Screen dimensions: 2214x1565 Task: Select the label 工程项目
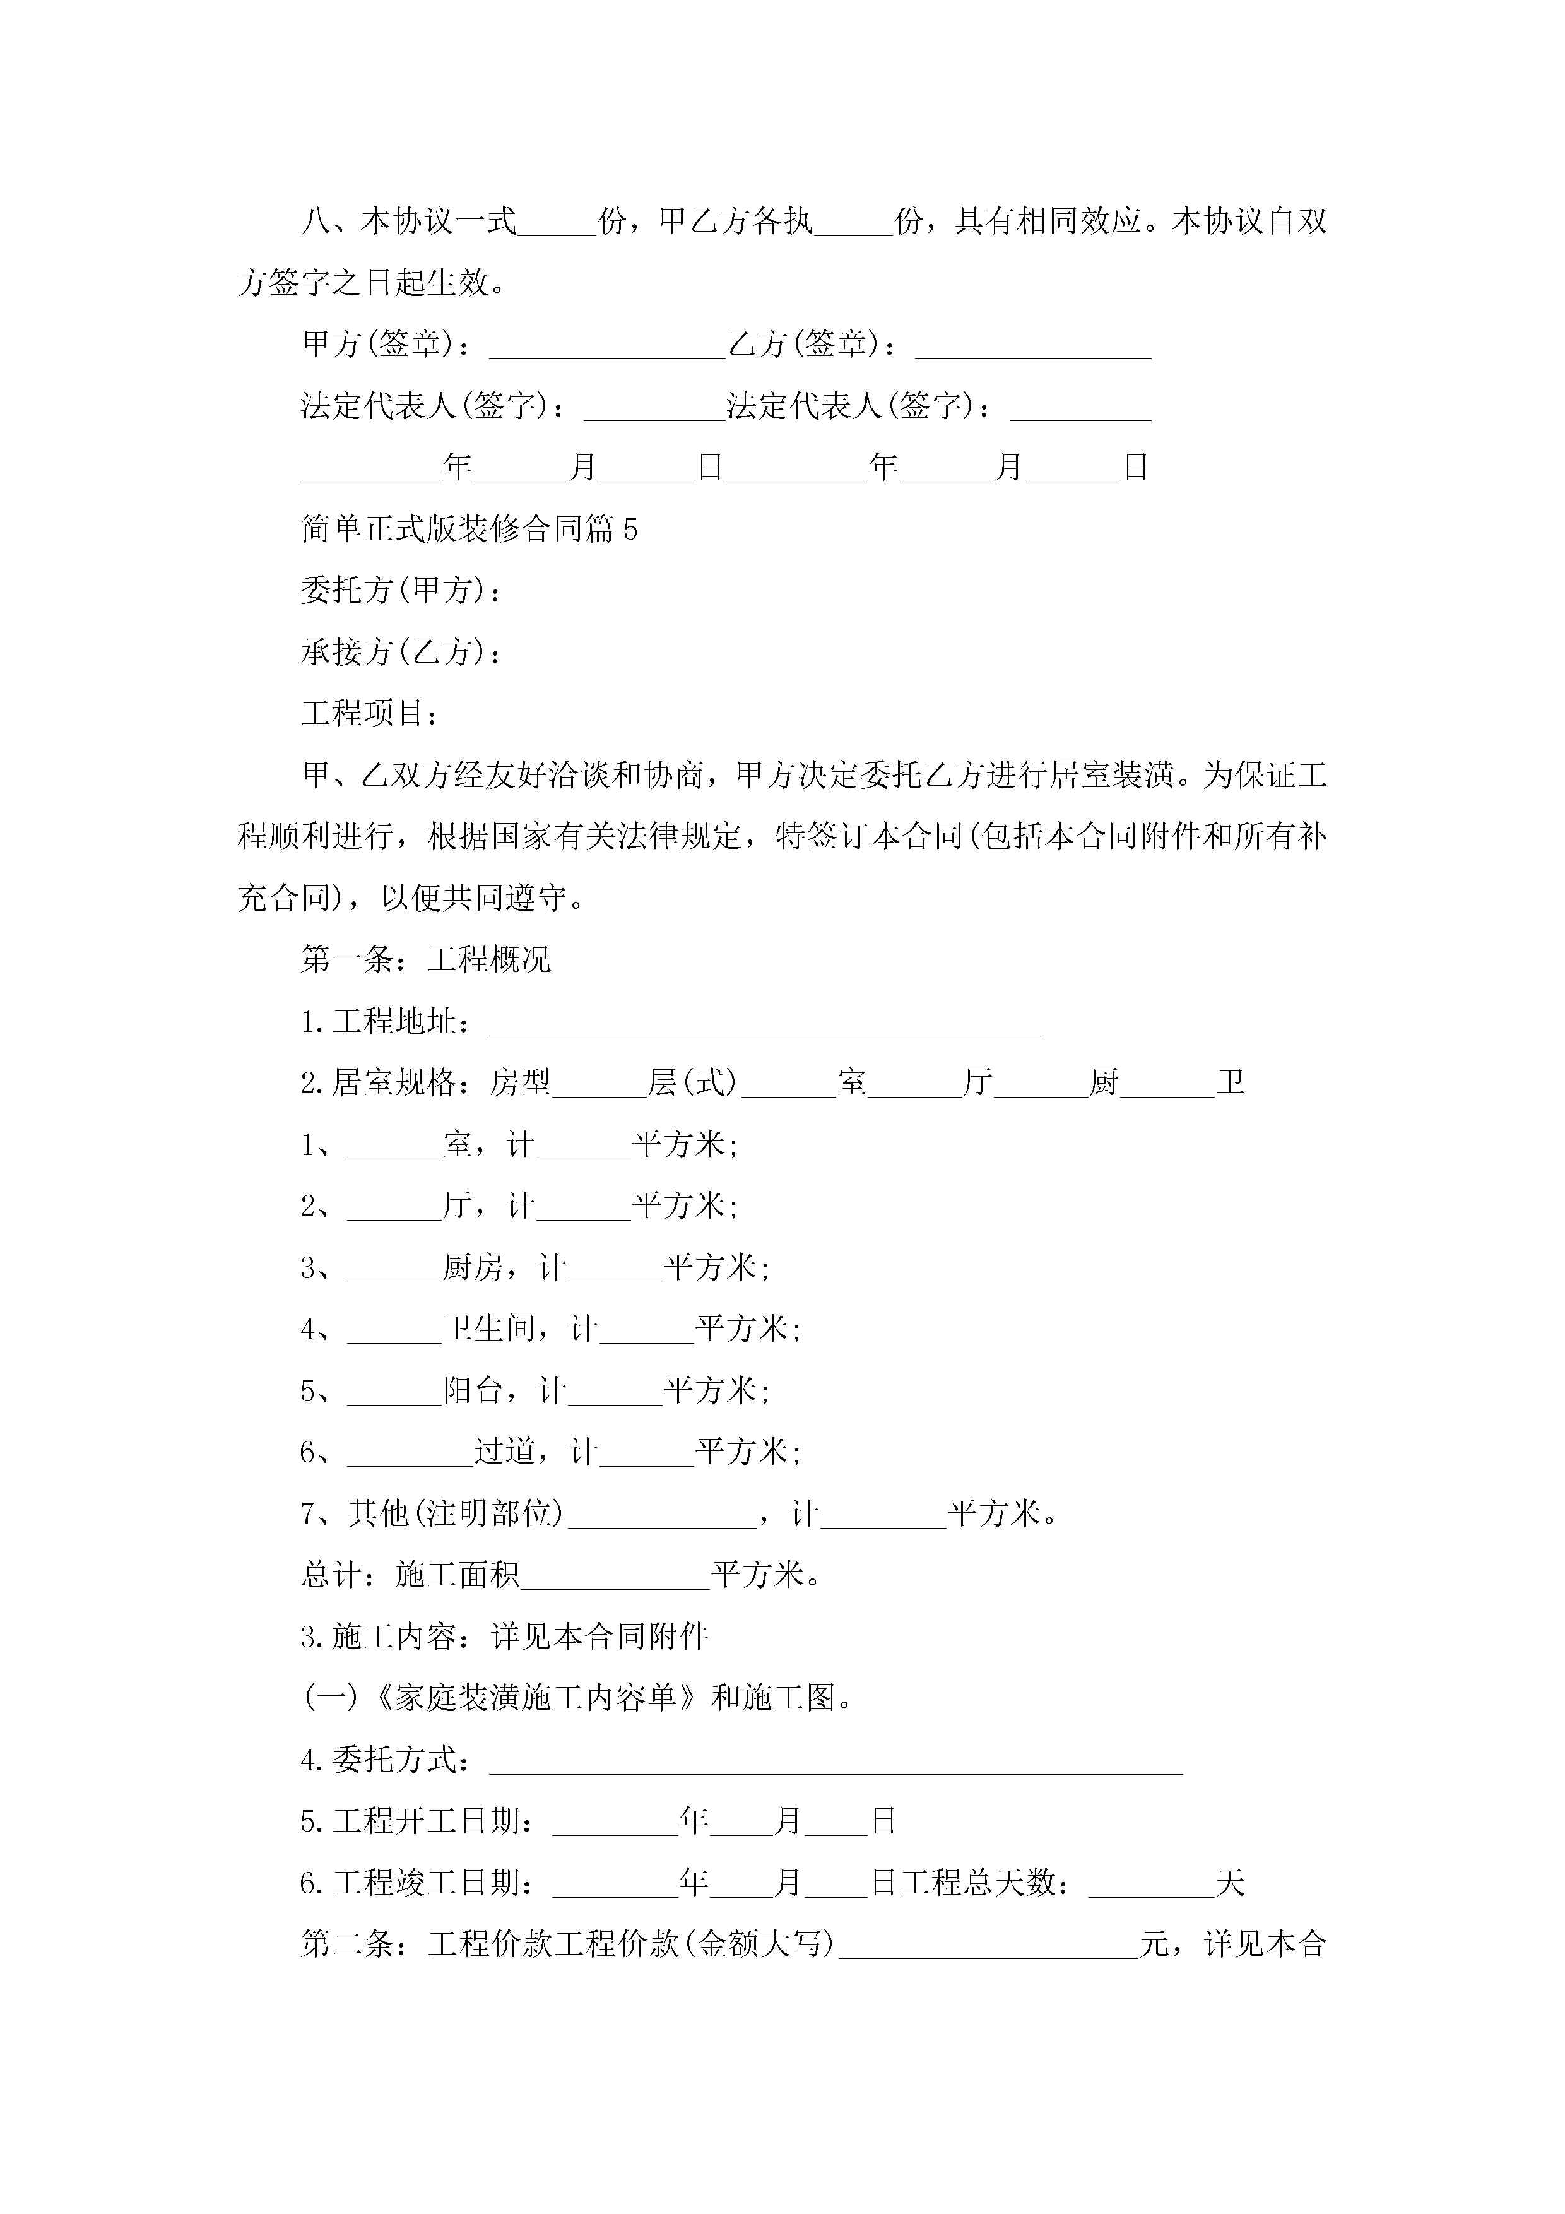tap(369, 714)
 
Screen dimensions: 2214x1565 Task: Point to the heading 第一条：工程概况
tap(425, 959)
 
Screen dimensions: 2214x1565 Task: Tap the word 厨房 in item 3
tap(473, 1268)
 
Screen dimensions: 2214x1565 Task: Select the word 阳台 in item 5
tap(473, 1390)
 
